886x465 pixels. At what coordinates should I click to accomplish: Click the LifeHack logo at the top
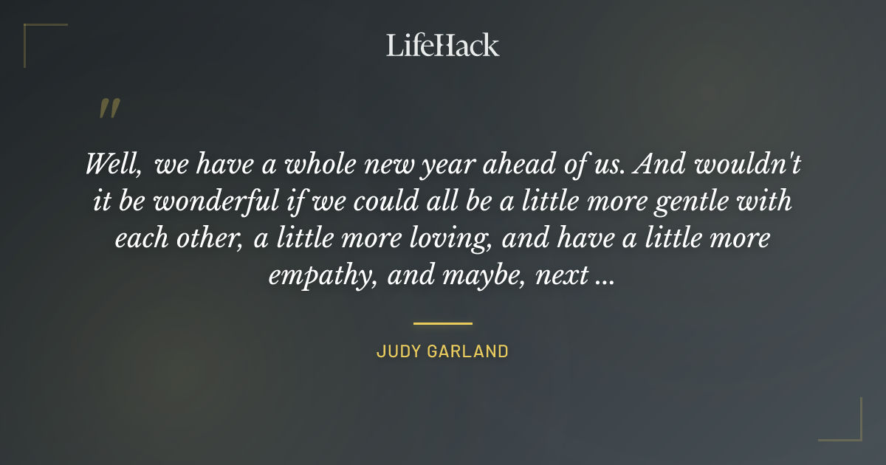(442, 45)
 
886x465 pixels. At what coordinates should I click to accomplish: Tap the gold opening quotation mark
(109, 108)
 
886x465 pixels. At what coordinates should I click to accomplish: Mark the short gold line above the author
(442, 323)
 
